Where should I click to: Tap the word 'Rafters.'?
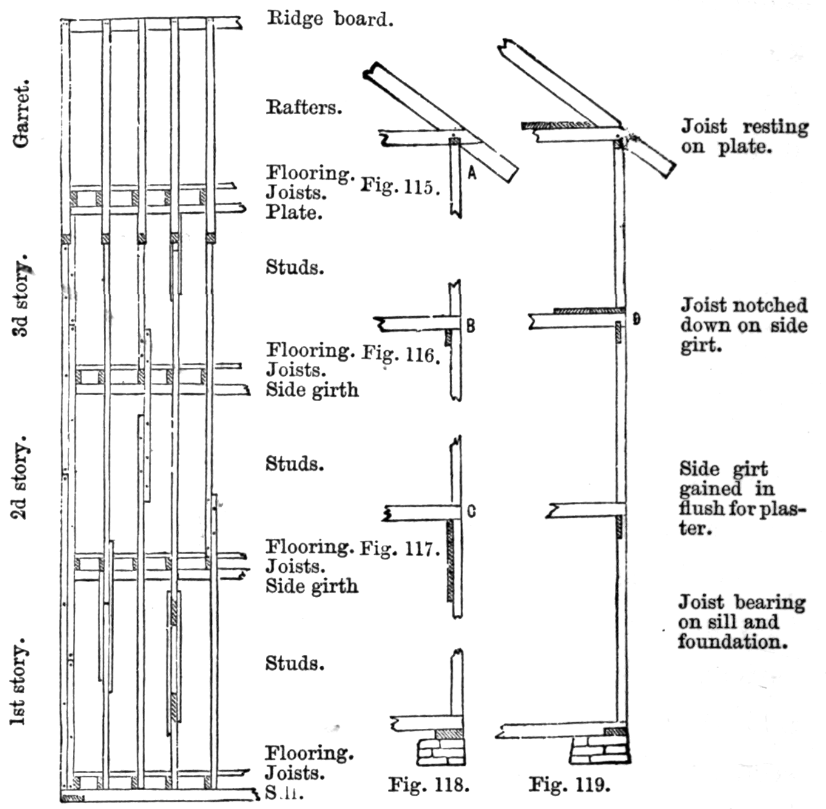pyautogui.click(x=303, y=107)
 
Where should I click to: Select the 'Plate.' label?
pyautogui.click(x=294, y=212)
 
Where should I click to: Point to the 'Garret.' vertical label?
pyautogui.click(x=21, y=115)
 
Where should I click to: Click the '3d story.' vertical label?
pyautogui.click(x=21, y=300)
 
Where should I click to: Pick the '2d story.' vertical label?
pyautogui.click(x=21, y=477)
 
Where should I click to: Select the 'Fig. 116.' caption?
pyautogui.click(x=401, y=354)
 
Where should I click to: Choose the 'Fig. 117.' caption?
pyautogui.click(x=399, y=549)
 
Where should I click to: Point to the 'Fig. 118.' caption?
pyautogui.click(x=428, y=785)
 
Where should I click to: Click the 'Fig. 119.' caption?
pyautogui.click(x=569, y=785)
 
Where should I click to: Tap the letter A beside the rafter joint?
pyautogui.click(x=472, y=174)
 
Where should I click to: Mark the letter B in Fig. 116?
pyautogui.click(x=470, y=326)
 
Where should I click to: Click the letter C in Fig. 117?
pyautogui.click(x=472, y=512)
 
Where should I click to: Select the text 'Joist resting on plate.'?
pyautogui.click(x=744, y=136)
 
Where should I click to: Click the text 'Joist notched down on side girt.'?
pyautogui.click(x=743, y=325)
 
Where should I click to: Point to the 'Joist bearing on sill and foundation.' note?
pyautogui.click(x=741, y=621)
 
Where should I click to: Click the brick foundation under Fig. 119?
pyautogui.click(x=600, y=750)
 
